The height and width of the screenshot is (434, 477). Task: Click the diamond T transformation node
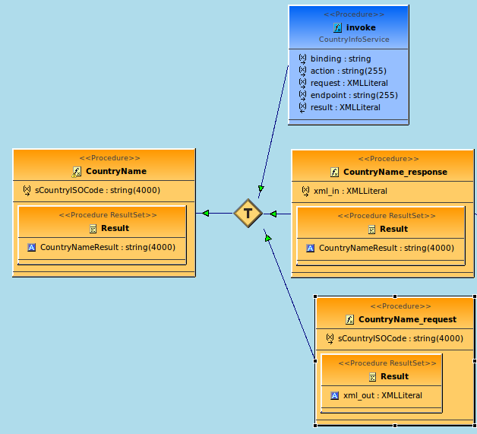[x=248, y=213]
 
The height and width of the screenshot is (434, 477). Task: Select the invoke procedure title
[x=361, y=27]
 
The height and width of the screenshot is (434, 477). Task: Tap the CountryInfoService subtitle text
[x=354, y=39]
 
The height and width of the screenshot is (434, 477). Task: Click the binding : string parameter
[x=340, y=59]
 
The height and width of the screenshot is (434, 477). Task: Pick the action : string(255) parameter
[x=348, y=71]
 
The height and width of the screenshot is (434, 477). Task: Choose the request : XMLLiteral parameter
[x=349, y=83]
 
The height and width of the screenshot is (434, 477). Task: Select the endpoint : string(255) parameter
[x=354, y=95]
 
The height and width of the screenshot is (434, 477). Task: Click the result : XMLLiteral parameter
[x=345, y=107]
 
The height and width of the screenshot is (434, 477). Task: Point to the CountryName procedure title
[x=115, y=171]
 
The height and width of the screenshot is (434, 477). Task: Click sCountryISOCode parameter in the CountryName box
[x=97, y=190]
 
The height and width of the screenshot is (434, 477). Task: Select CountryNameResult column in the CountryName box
[x=107, y=247]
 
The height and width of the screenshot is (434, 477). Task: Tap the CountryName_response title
[x=395, y=172]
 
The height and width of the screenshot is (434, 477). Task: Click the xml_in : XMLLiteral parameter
[x=349, y=191]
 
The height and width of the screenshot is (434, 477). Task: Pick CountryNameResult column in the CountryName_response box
[x=386, y=248]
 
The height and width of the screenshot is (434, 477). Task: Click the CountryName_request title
[x=407, y=319]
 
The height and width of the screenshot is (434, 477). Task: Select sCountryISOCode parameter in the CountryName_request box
[x=400, y=338]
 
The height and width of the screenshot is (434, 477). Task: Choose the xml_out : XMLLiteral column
[x=382, y=395]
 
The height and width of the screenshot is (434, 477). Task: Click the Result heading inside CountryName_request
[x=394, y=376]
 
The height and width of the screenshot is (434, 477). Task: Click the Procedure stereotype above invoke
[x=354, y=14]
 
